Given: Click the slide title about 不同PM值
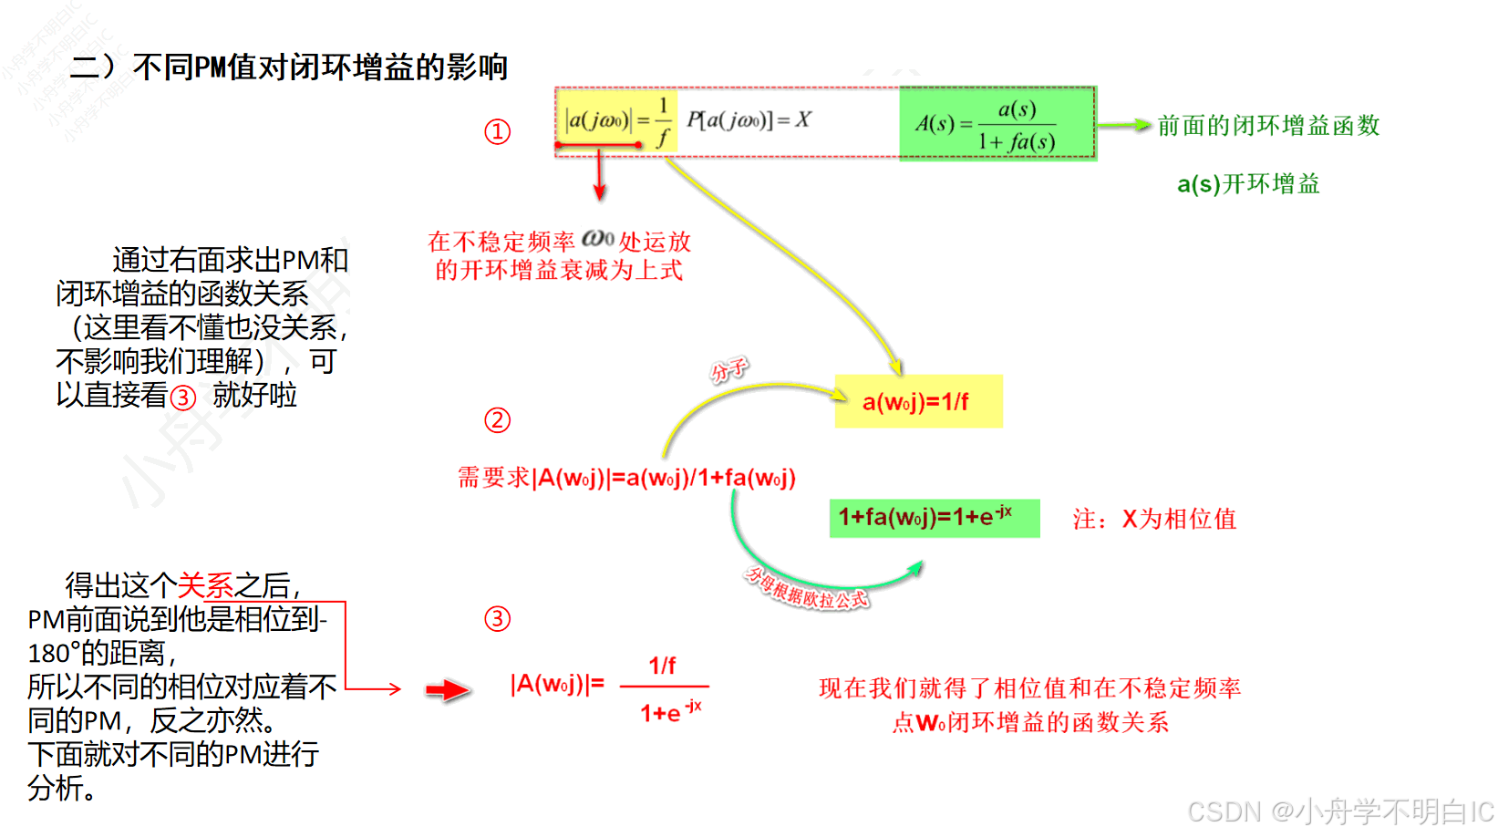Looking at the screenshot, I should click(288, 67).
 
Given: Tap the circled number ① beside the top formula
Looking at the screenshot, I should click(497, 132).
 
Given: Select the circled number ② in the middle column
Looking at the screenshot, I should click(497, 420).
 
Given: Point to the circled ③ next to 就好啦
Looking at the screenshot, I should click(183, 398).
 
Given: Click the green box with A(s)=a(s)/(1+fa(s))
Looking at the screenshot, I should click(997, 124).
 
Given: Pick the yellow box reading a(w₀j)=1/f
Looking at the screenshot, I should click(918, 401).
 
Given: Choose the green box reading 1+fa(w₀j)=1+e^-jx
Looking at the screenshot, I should click(934, 518).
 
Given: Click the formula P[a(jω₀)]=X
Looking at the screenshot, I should click(748, 120).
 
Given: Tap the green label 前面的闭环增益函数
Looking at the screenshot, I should click(1268, 126).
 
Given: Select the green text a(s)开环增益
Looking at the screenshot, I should click(1247, 184).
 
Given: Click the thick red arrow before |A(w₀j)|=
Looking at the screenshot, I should click(448, 690).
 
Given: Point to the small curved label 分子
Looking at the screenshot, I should click(728, 369).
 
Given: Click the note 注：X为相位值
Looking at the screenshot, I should click(1154, 520).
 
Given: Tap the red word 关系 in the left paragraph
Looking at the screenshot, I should click(205, 585).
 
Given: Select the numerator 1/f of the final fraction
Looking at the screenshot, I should click(662, 666).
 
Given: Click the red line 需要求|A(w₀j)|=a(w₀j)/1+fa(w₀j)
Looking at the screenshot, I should click(626, 478).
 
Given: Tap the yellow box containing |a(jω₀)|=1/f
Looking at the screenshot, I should click(617, 120).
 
